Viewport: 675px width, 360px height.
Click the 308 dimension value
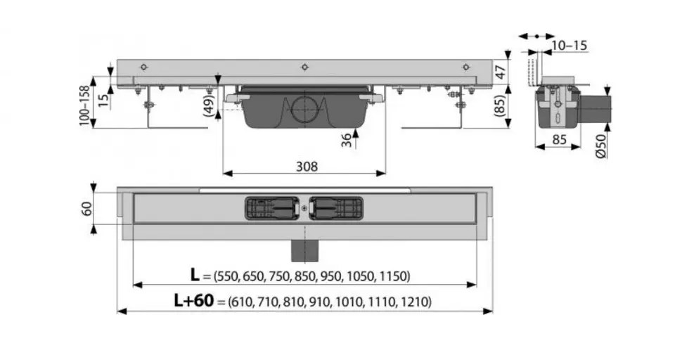tap(306, 167)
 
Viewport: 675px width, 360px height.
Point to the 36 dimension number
tap(346, 139)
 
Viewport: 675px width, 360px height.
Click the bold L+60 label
tap(194, 301)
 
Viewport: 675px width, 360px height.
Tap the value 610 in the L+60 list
tap(241, 302)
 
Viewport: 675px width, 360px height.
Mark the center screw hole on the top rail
tap(304, 67)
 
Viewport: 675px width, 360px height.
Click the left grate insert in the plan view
tap(271, 207)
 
